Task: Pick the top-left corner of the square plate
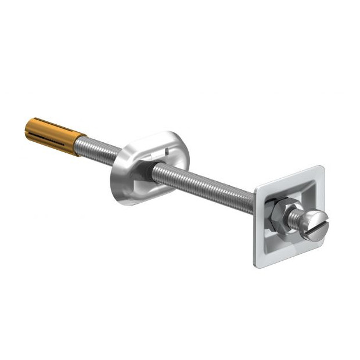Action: pos(257,189)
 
